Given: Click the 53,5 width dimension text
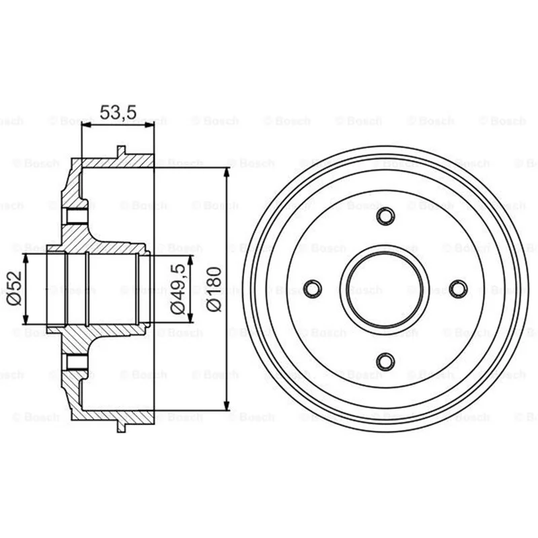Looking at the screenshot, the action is coord(118,112).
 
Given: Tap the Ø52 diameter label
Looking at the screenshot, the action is coord(14,289).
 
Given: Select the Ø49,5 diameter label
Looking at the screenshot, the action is coord(178,289).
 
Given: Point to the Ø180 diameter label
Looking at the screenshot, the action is coord(214,289).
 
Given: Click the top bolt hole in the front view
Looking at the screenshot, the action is coord(385,216).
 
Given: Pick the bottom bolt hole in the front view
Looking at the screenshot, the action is coord(385,362).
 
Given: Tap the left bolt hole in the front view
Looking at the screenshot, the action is coord(313,289).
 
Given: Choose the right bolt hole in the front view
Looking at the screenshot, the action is coord(458,289).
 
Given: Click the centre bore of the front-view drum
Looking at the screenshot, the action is coord(385,289).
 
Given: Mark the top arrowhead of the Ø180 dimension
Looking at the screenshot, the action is coord(227,173).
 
